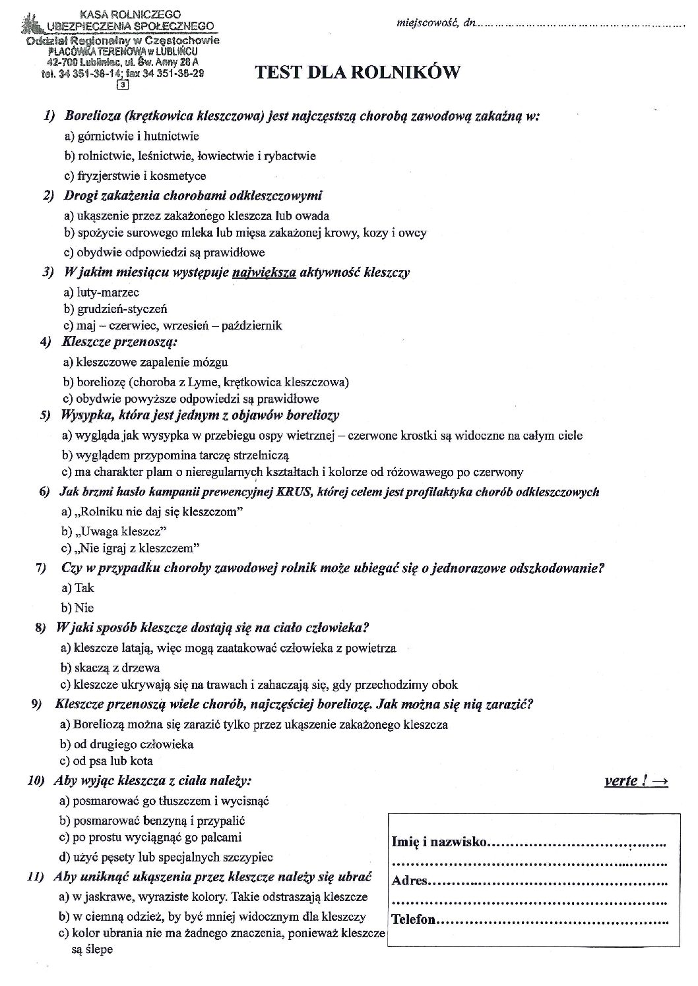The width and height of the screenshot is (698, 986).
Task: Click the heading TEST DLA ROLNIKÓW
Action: point(357,73)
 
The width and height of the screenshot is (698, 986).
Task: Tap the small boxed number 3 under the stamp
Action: point(122,84)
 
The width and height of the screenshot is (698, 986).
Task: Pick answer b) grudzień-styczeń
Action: point(115,308)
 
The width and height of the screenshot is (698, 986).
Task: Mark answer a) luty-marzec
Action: point(102,292)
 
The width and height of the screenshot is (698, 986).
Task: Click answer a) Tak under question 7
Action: point(77,588)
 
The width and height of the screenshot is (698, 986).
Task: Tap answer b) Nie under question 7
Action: point(77,608)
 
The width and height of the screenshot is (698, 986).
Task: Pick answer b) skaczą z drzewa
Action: point(110,668)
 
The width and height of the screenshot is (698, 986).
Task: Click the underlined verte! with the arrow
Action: point(635,781)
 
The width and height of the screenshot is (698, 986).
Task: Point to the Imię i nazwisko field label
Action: point(439,842)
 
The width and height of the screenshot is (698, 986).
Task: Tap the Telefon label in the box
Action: point(414,919)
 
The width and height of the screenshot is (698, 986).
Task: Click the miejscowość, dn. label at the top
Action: point(435,24)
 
